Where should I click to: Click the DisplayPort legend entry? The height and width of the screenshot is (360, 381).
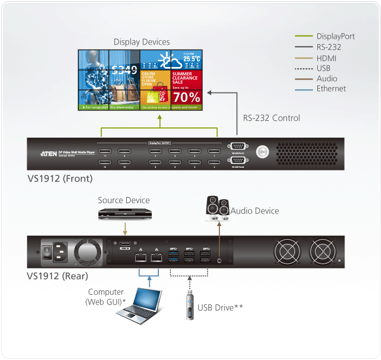coord(335,36)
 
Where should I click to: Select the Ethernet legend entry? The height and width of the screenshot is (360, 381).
coord(331,89)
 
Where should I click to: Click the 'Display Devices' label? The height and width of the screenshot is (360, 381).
coord(142,42)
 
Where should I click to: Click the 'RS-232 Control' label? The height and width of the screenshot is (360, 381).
coord(271,118)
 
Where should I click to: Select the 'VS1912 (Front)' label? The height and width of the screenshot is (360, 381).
coord(60,178)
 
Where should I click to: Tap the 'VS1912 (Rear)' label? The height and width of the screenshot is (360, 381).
coord(57,276)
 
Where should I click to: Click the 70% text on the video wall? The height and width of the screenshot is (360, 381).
coord(187,97)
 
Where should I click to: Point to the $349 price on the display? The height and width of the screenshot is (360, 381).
coord(125,70)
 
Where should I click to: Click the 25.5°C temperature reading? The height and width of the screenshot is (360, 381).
coord(192,59)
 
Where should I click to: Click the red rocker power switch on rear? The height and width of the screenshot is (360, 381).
coord(47,253)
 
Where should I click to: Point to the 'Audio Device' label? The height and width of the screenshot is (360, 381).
coord(255,211)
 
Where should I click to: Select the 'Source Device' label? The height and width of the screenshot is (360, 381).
coord(124,200)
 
